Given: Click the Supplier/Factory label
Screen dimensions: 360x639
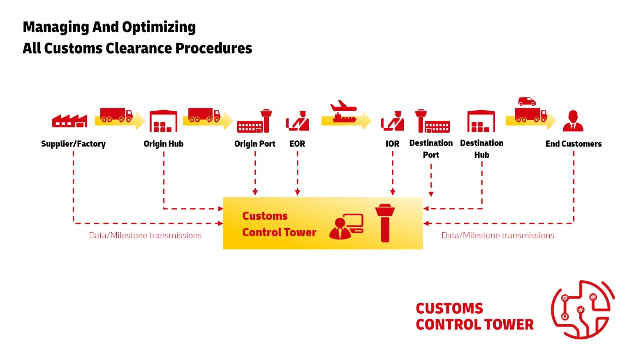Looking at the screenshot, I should point(73,144).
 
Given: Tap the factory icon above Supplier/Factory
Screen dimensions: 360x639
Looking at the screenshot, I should point(70,120).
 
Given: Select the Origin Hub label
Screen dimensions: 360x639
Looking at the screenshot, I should point(163,144).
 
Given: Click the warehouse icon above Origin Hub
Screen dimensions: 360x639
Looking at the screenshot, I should point(164,121).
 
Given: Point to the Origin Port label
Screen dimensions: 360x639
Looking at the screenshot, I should point(255,144).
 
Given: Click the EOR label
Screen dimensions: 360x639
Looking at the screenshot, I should point(297,144).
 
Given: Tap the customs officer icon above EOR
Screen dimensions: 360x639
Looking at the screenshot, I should point(297,121).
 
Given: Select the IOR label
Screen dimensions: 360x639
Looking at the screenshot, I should point(392,144).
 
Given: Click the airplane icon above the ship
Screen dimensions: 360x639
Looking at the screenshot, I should point(344,106).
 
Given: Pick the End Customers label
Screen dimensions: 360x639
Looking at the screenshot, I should point(573,144).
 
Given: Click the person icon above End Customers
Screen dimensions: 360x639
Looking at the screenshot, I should point(573,121).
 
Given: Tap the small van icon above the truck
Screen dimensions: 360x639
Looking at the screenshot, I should point(527,101).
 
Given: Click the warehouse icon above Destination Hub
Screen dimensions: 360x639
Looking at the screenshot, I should point(481,121).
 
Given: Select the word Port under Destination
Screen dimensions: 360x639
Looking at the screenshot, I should point(431,155).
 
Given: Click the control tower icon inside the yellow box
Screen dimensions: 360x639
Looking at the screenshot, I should point(385,222).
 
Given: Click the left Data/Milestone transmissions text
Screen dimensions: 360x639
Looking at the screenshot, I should point(145,235).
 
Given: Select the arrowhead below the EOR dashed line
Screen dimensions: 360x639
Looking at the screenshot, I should point(297,192).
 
